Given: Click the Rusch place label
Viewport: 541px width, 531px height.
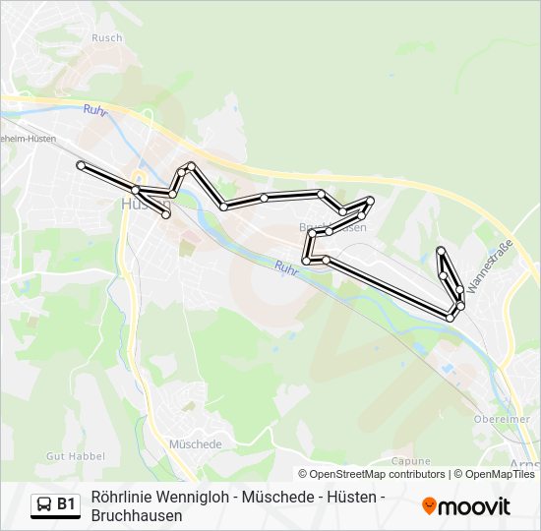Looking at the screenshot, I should pos(106,38).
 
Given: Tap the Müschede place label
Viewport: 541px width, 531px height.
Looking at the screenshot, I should pos(195,443).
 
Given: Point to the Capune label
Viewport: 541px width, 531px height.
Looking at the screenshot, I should pos(411,460).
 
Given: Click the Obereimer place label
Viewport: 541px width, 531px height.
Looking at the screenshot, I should pos(502,419).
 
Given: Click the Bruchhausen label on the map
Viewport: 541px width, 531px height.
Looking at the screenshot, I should pos(332,227).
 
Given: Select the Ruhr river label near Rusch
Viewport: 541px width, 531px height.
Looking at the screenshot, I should pos(94,110).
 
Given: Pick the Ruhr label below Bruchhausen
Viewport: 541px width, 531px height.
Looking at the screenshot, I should pos(285,266).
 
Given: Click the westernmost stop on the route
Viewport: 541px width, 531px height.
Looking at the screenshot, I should pos(81,165).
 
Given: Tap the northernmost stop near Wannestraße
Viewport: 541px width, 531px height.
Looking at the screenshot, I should pos(442,251).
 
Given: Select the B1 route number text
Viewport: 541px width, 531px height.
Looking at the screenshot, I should pos(66,505).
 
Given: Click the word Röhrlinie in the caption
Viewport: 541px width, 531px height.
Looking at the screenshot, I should pos(119,498).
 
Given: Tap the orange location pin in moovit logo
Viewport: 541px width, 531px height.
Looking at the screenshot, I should pos(429,506).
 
